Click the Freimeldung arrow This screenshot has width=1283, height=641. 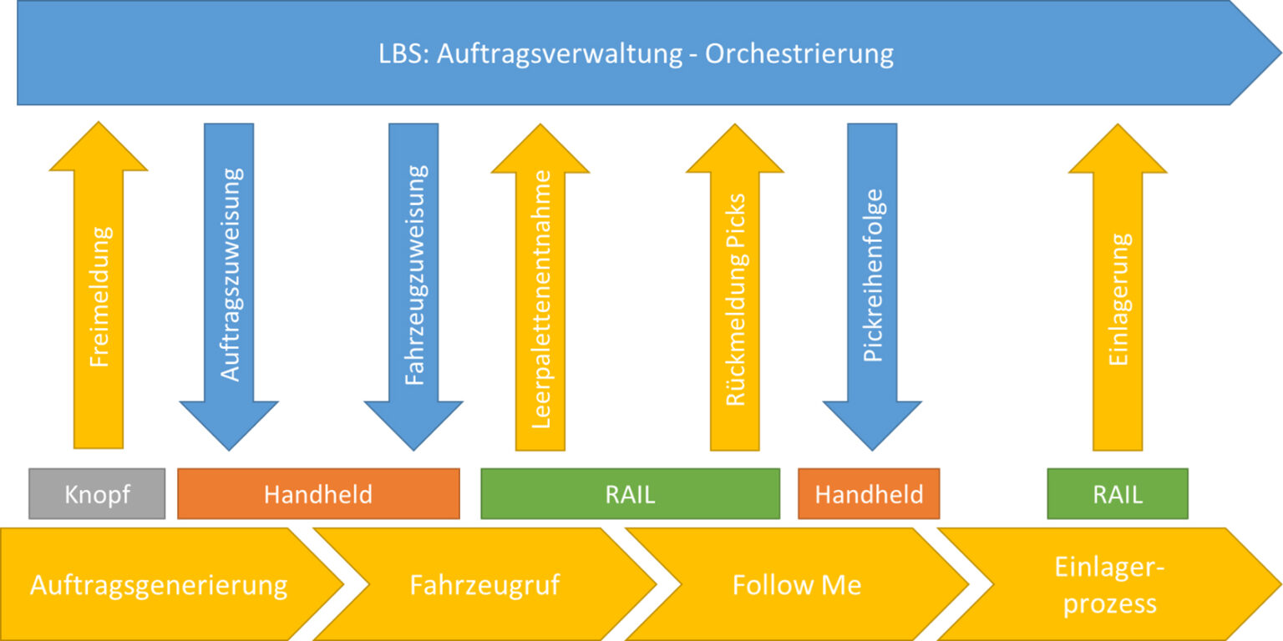[x=99, y=300]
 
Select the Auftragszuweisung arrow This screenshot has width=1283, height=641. [x=230, y=275]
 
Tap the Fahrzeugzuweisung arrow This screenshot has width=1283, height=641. [x=414, y=275]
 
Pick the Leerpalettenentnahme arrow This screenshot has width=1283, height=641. [x=540, y=300]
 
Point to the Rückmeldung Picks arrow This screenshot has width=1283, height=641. [x=735, y=300]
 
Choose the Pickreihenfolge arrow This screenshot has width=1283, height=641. [x=872, y=275]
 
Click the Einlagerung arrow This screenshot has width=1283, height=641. [x=1118, y=300]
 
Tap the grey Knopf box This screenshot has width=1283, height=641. [x=97, y=494]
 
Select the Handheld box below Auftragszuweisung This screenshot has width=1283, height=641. [x=318, y=494]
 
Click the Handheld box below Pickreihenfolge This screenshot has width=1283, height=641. [x=869, y=494]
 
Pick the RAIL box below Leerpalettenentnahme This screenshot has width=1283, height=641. [x=630, y=494]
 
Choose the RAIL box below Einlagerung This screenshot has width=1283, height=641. [x=1118, y=494]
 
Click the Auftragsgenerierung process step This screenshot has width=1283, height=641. [x=159, y=585]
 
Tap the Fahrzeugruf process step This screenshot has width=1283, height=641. [x=484, y=585]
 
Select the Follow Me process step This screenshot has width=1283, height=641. [x=796, y=585]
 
